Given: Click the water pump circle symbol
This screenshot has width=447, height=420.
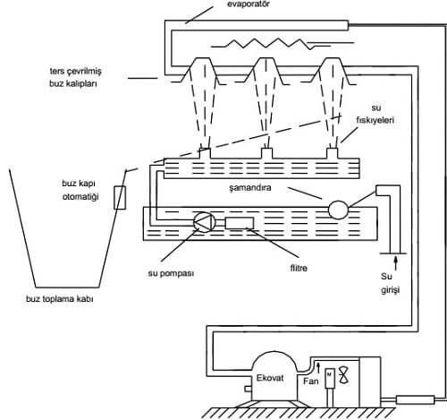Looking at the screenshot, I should [205, 221].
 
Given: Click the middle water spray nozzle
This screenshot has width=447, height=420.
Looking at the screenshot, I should [266, 153].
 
